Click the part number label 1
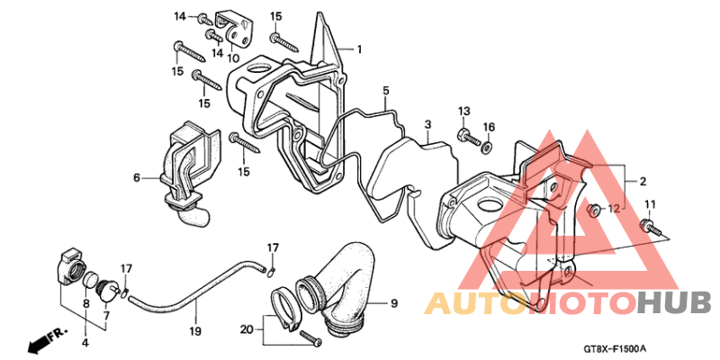[x=359, y=49]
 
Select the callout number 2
[x=643, y=182]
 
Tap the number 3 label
[x=427, y=124]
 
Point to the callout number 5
[x=386, y=90]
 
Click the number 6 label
[x=137, y=177]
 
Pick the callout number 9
[x=393, y=303]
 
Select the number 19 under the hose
[x=195, y=329]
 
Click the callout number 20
[x=247, y=329]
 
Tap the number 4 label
[x=86, y=342]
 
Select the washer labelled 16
[x=487, y=147]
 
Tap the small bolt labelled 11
[x=651, y=228]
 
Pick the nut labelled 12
[x=594, y=211]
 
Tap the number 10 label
[x=233, y=58]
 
